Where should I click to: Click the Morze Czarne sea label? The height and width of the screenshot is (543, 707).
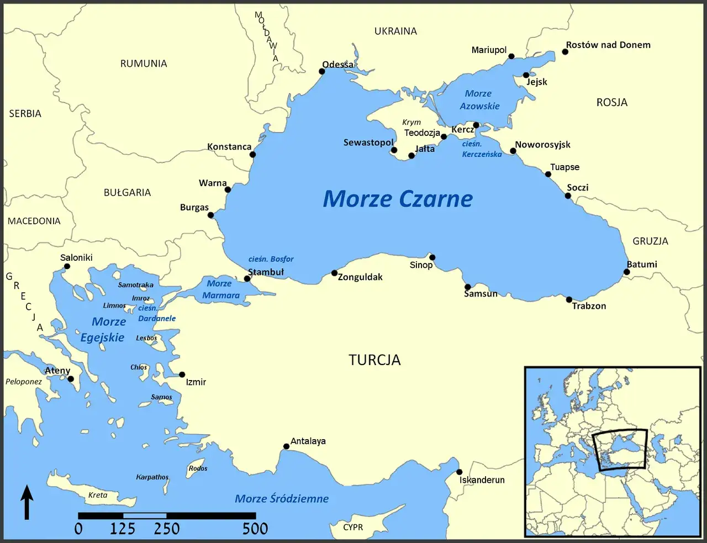pyautogui.click(x=398, y=199)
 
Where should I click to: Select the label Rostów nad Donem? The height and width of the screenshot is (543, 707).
pyautogui.click(x=608, y=45)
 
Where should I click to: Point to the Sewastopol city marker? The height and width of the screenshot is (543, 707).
pyautogui.click(x=394, y=150)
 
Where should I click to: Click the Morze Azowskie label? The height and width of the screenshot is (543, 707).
pyautogui.click(x=479, y=100)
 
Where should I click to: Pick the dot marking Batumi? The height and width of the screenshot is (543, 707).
pyautogui.click(x=627, y=272)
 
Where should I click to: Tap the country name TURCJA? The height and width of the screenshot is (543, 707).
pyautogui.click(x=374, y=360)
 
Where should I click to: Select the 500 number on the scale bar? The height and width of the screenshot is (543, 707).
pyautogui.click(x=255, y=529)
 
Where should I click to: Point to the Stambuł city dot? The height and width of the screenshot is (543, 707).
pyautogui.click(x=247, y=278)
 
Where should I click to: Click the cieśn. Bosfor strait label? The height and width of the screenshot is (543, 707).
pyautogui.click(x=271, y=259)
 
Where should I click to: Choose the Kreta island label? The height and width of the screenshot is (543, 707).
pyautogui.click(x=98, y=495)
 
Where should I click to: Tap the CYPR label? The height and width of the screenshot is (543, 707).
pyautogui.click(x=353, y=527)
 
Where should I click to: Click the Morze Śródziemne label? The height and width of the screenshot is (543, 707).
pyautogui.click(x=282, y=499)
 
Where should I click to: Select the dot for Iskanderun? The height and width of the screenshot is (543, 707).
pyautogui.click(x=459, y=472)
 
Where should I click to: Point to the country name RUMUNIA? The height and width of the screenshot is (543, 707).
pyautogui.click(x=144, y=64)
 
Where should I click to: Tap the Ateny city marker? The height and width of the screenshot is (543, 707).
pyautogui.click(x=71, y=379)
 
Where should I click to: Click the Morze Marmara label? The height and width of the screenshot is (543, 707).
pyautogui.click(x=220, y=289)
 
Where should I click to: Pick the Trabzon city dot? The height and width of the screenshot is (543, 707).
pyautogui.click(x=569, y=300)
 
